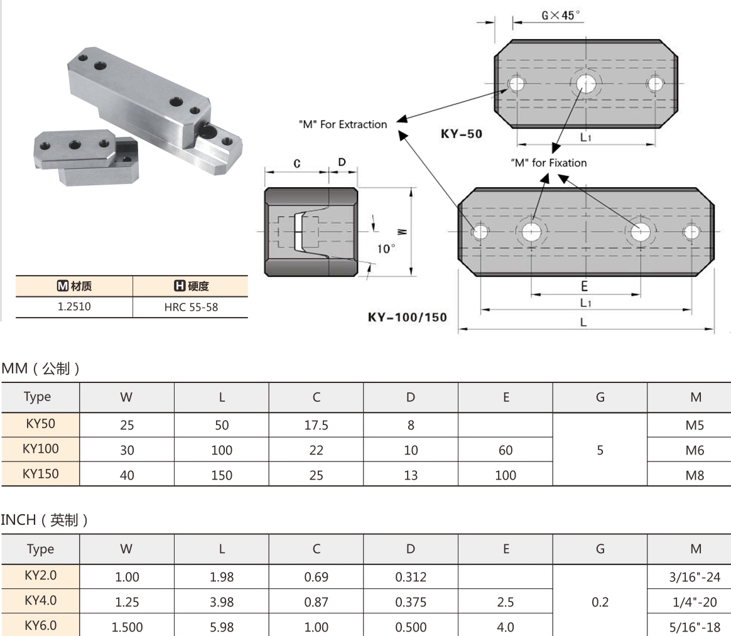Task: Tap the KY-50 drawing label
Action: (461, 134)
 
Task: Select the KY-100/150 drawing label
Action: (407, 317)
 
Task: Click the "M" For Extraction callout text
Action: (343, 124)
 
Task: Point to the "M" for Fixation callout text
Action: (548, 163)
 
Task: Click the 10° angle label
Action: (386, 249)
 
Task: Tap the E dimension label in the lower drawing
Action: (584, 287)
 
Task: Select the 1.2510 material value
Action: (74, 308)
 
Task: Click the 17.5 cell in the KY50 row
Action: (316, 425)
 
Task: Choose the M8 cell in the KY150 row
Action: (695, 475)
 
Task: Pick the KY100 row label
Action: (40, 449)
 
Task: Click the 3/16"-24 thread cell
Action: (695, 577)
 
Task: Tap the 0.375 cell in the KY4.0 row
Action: (411, 602)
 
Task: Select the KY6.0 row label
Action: (40, 626)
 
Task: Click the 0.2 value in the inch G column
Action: (600, 602)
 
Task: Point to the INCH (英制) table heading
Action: (44, 520)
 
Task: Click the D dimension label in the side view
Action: (342, 163)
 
